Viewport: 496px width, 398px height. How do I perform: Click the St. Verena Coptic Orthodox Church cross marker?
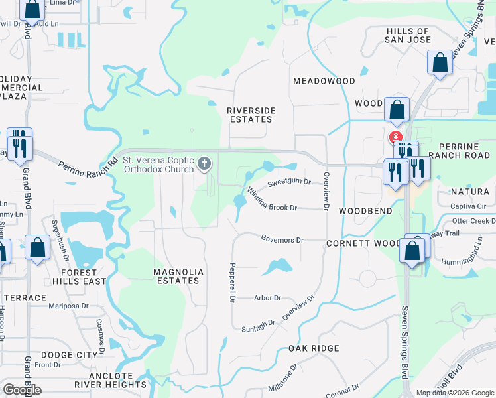pyautogui.click(x=205, y=163)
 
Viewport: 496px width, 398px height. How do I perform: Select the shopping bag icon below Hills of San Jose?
pyautogui.click(x=439, y=64)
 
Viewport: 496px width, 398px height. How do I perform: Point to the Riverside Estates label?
pyautogui.click(x=249, y=115)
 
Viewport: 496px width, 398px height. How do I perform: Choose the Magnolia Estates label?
pyautogui.click(x=177, y=276)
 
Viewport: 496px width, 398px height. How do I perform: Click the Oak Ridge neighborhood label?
pyautogui.click(x=314, y=348)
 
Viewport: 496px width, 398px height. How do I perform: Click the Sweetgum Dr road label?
pyautogui.click(x=289, y=182)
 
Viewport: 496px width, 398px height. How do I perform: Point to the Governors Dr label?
pyautogui.click(x=282, y=239)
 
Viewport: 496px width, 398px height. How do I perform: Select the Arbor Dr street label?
pyautogui.click(x=268, y=298)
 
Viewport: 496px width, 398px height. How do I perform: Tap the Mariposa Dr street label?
pyautogui.click(x=69, y=306)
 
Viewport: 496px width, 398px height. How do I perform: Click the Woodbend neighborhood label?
pyautogui.click(x=365, y=210)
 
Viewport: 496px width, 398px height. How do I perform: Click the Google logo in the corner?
pyautogui.click(x=22, y=390)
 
